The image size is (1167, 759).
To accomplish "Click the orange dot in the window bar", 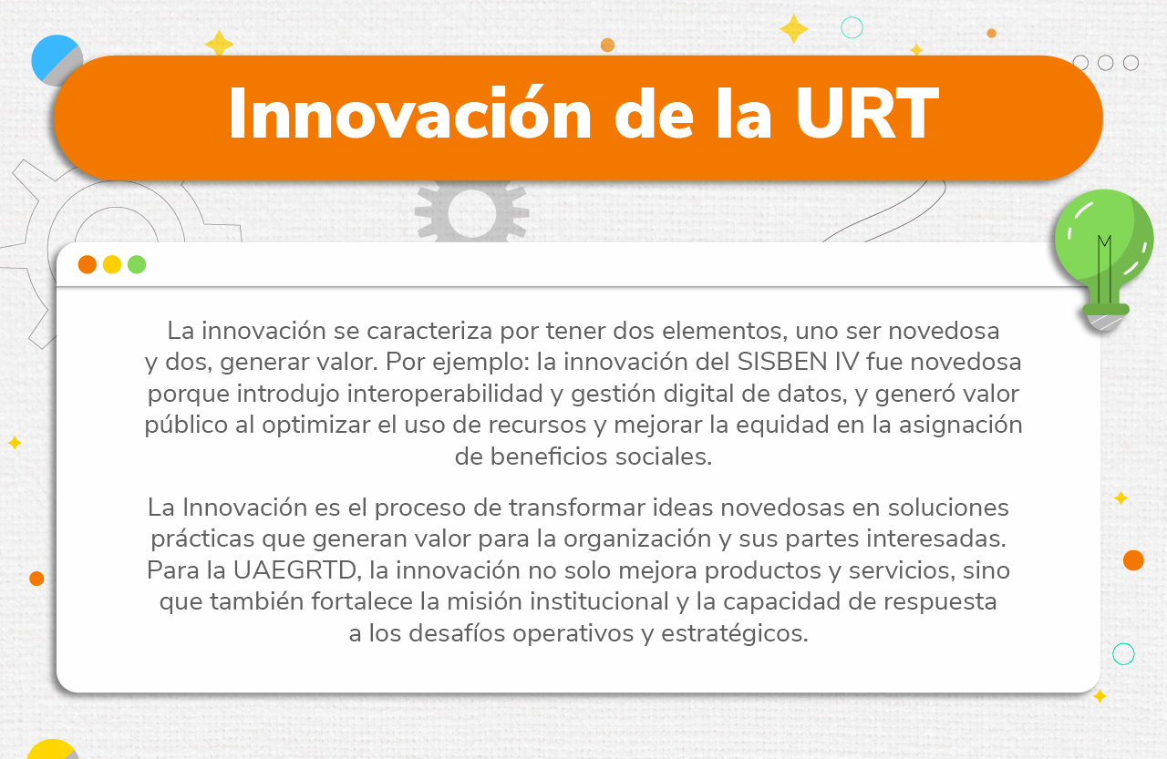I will pos(88,264).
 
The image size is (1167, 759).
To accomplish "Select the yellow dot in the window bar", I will pos(112,264).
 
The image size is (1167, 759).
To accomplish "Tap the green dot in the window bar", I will pos(137,264).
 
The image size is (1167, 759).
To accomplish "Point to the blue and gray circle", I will pos(57,60).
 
